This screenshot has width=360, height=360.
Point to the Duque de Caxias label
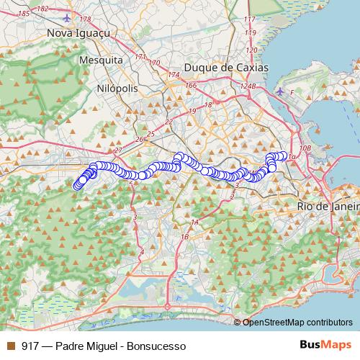[x=226, y=67]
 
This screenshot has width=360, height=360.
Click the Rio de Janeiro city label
[x=328, y=206]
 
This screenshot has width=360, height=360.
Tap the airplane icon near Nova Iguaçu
[x=68, y=17]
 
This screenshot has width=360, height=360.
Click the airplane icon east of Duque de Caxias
[x=281, y=91]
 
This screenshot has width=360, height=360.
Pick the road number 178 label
[x=86, y=19]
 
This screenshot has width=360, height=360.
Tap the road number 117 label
[x=250, y=19]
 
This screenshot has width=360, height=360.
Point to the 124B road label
[x=248, y=86]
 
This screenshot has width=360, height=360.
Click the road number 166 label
[x=191, y=86]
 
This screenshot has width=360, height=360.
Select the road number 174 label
[x=173, y=75]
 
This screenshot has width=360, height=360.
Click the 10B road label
[x=305, y=148]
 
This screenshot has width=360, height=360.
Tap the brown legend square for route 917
[x=10, y=346]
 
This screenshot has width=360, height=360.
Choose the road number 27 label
[x=119, y=149]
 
